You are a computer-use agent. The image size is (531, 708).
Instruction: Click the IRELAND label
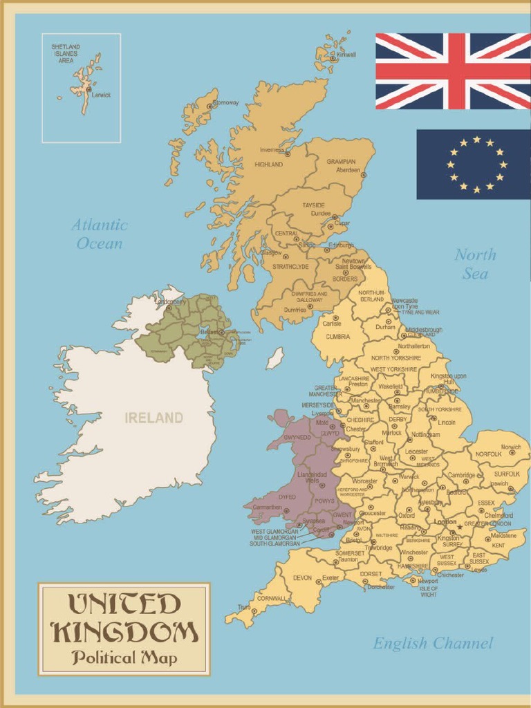pyautogui.click(x=153, y=418)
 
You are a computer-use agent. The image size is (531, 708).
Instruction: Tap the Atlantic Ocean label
pyautogui.click(x=100, y=234)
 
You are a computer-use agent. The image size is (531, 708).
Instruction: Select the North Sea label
pyautogui.click(x=475, y=263)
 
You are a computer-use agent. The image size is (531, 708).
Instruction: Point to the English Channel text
pyautogui.click(x=433, y=644)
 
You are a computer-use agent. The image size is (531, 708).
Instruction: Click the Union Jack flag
pyautogui.click(x=453, y=71)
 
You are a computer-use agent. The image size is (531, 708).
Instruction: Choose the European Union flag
pyautogui.click(x=473, y=165)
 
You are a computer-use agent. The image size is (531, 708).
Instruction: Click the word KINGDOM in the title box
pyautogui.click(x=125, y=632)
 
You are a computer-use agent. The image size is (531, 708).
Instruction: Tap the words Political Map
pyautogui.click(x=124, y=658)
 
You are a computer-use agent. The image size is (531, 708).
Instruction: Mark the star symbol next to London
pyautogui.click(x=460, y=527)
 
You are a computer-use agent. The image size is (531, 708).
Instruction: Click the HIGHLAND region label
pyautogui.click(x=268, y=165)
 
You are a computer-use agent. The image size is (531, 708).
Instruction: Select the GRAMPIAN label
pyautogui.click(x=341, y=161)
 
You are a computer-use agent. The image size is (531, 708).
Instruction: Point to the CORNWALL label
pyautogui.click(x=271, y=597)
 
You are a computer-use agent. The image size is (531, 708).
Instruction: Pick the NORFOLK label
pyautogui.click(x=488, y=454)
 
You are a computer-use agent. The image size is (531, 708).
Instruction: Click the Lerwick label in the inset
pyautogui.click(x=101, y=95)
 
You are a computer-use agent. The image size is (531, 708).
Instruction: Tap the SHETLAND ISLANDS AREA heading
pyautogui.click(x=65, y=53)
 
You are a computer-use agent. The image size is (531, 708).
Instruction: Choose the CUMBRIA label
pyautogui.click(x=338, y=337)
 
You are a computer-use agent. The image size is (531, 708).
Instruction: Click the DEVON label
pyautogui.click(x=302, y=577)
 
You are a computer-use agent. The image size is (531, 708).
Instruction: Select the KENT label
pyautogui.click(x=498, y=546)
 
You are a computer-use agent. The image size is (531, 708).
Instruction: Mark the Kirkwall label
pyautogui.click(x=346, y=55)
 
